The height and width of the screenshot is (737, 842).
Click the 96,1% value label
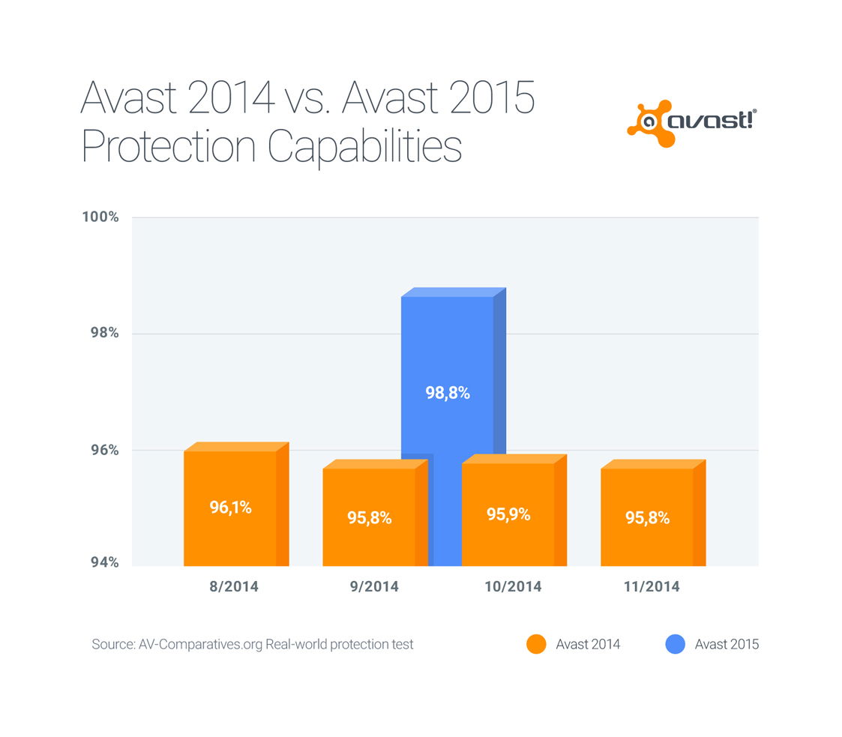(230, 508)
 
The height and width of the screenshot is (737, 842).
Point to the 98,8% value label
(448, 392)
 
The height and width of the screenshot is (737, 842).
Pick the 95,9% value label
(508, 514)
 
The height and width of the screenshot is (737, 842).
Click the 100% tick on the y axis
(100, 217)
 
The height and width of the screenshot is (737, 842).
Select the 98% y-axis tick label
(103, 333)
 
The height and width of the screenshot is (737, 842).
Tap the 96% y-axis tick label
(103, 450)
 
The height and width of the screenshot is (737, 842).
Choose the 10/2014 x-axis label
(512, 586)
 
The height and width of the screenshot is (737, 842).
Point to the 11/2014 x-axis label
(651, 586)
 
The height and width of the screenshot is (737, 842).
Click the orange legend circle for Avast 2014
(536, 644)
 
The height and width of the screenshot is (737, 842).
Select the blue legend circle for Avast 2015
(675, 644)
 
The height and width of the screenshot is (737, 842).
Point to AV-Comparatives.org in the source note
(200, 644)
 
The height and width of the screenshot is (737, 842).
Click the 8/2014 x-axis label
(234, 586)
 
